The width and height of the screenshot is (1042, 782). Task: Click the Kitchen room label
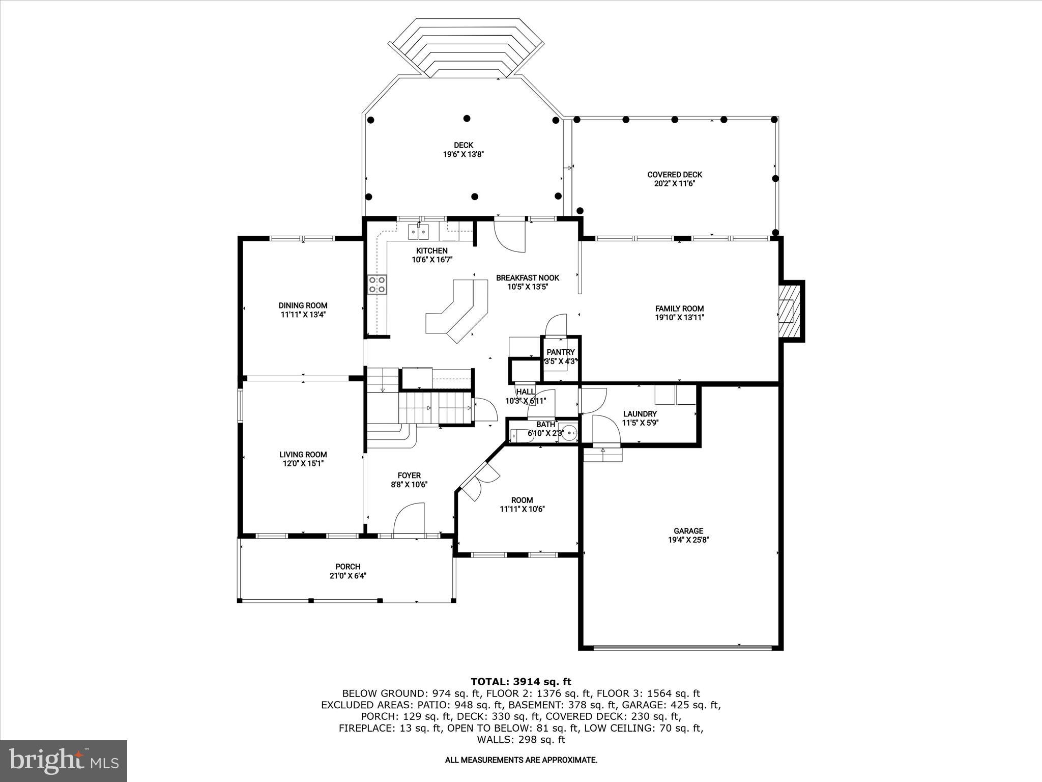(x=431, y=250)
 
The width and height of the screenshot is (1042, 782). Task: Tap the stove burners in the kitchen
(x=377, y=285)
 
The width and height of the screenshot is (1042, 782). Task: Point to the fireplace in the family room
(x=790, y=311)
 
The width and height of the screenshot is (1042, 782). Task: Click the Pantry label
(x=560, y=352)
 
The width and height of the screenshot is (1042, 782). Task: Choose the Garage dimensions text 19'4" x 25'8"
(x=688, y=540)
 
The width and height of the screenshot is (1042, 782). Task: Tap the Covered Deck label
(x=675, y=175)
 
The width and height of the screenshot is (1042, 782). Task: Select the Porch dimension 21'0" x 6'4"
(x=348, y=576)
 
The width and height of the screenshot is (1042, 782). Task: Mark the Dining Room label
(x=303, y=305)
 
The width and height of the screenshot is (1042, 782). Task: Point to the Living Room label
(x=303, y=455)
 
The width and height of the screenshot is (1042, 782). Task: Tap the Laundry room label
(x=640, y=414)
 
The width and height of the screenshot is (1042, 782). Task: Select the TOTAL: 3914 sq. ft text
(x=520, y=682)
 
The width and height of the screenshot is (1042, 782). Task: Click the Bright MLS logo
(x=64, y=761)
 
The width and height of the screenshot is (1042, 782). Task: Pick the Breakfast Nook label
(x=527, y=278)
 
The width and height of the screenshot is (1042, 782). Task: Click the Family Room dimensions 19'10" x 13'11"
(x=679, y=318)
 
